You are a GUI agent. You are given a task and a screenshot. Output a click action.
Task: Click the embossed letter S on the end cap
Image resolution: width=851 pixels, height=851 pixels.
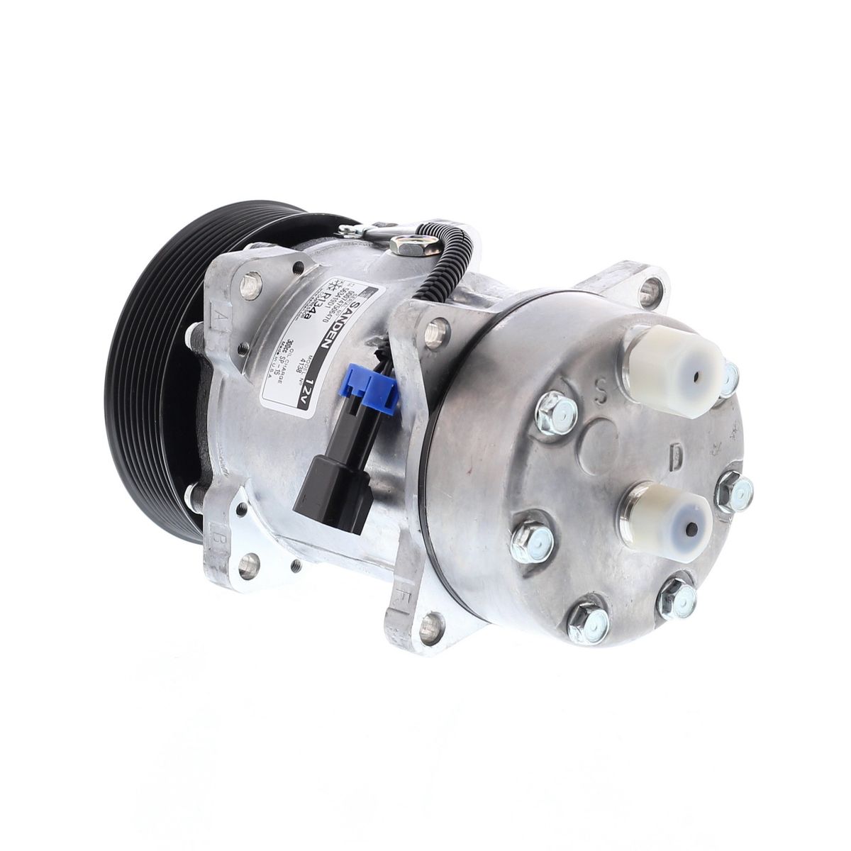pyautogui.click(x=602, y=390)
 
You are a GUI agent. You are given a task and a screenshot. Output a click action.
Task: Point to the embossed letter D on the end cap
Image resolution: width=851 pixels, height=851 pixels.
pyautogui.click(x=676, y=459)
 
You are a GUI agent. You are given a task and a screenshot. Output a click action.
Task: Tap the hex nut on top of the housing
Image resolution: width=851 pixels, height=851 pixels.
pyautogui.click(x=406, y=245)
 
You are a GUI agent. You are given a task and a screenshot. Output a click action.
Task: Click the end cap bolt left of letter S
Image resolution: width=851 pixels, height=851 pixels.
pyautogui.click(x=557, y=411)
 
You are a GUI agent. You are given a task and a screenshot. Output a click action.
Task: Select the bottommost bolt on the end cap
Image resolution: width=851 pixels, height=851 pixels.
pyautogui.click(x=589, y=624)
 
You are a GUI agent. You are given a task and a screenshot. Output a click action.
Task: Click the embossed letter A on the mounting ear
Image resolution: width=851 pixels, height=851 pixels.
pyautogui.click(x=215, y=313)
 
